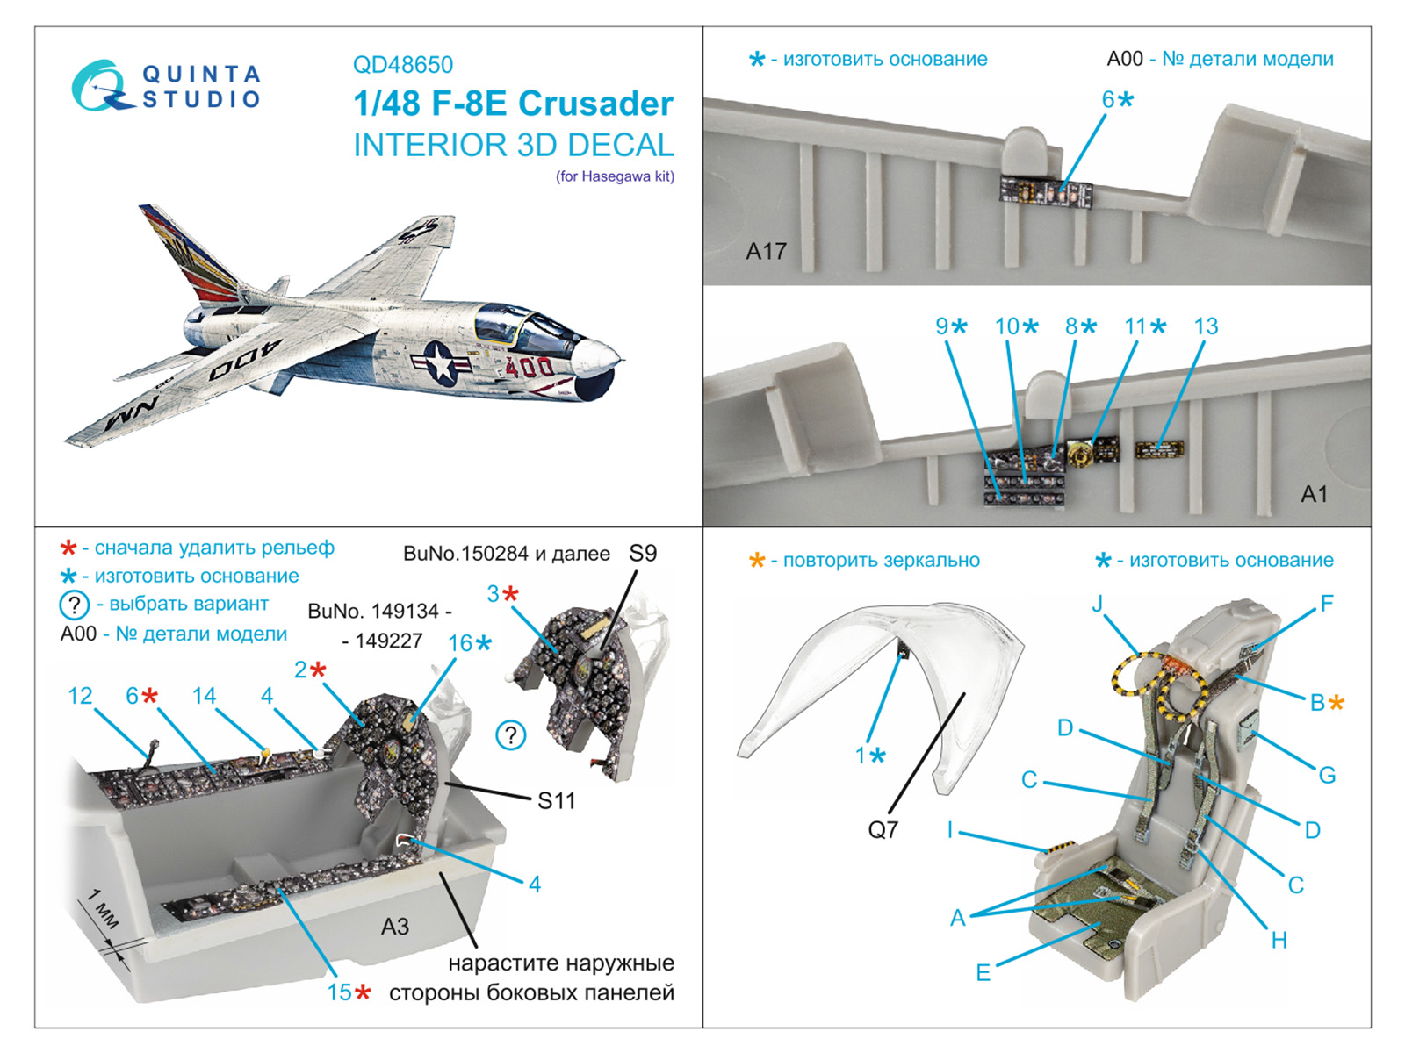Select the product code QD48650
[x=402, y=65]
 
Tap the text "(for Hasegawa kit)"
[x=615, y=176]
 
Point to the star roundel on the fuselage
[x=441, y=362]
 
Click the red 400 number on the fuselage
[x=530, y=367]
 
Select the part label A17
[x=766, y=252]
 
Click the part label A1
[x=1314, y=495]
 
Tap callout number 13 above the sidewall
[x=1206, y=326]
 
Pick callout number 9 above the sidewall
[x=942, y=326]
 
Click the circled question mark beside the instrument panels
[x=511, y=735]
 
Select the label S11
[x=556, y=800]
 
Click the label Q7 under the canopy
[x=883, y=829]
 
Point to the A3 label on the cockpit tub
[x=395, y=927]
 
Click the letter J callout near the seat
[x=1097, y=604]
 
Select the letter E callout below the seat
[x=983, y=972]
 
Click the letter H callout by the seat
[x=1279, y=941]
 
